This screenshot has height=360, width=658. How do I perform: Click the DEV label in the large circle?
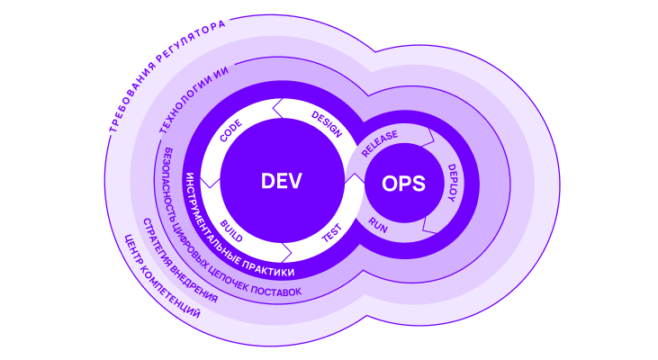coord(280,180)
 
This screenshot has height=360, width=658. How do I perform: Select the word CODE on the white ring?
coord(230,132)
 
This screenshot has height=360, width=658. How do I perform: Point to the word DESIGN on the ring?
coord(326,124)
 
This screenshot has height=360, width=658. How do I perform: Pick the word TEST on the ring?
coord(332,236)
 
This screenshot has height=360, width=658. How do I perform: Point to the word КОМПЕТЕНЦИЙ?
coord(171,302)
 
